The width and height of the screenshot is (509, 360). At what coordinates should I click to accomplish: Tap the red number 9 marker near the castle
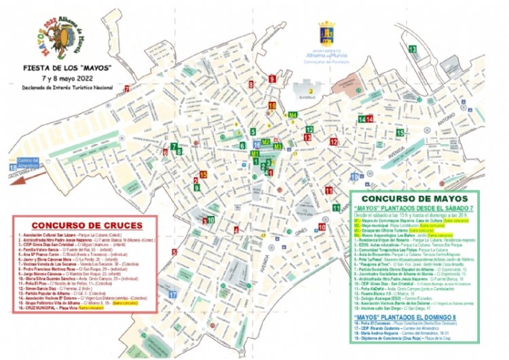tap(272, 79)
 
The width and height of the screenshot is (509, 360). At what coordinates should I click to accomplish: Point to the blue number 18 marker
tap(13, 167)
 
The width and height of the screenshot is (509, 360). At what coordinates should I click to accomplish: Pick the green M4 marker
tap(293, 116)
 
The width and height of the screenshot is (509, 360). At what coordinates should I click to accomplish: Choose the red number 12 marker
tap(333, 142)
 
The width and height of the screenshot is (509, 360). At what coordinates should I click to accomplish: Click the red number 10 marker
tap(322, 227)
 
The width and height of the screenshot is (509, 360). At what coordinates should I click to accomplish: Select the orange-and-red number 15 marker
tap(203, 175)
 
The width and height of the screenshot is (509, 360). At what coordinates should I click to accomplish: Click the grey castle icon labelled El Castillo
tap(311, 89)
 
